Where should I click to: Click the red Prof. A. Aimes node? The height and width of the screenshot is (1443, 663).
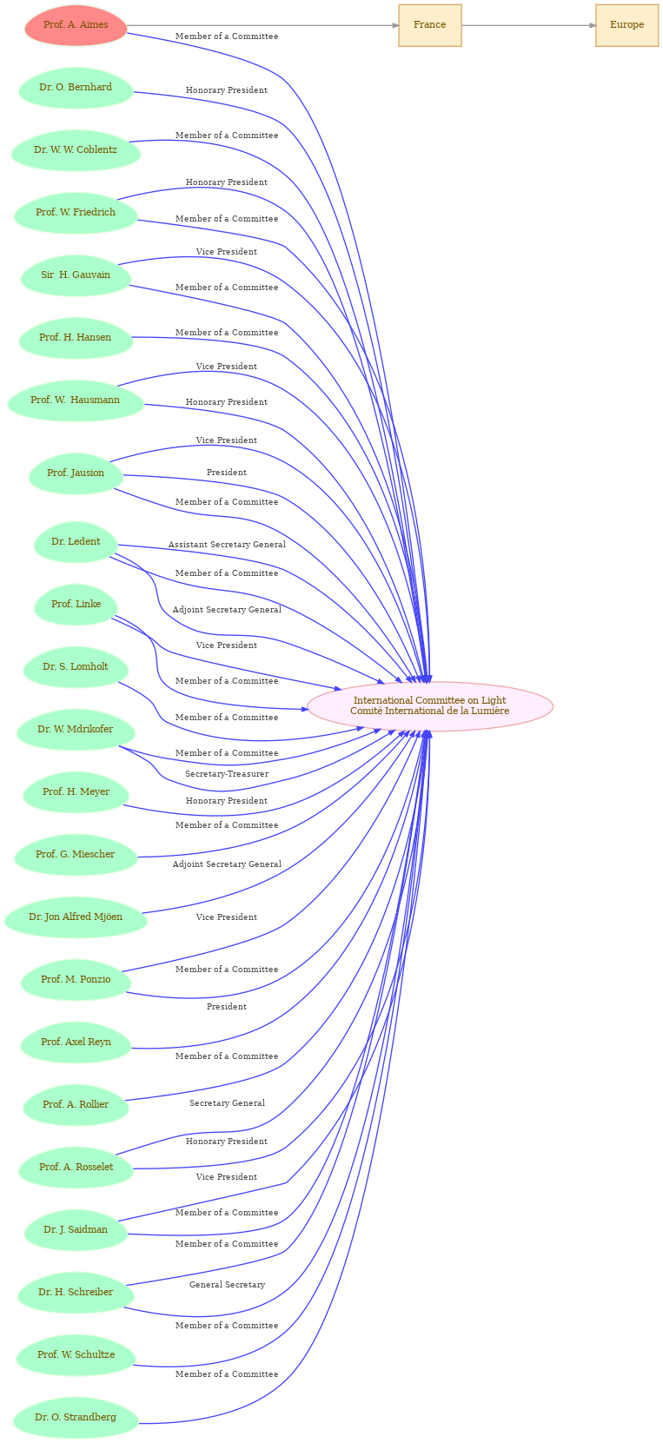76,25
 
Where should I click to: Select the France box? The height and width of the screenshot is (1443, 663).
430,25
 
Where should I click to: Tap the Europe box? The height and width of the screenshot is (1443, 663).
627,25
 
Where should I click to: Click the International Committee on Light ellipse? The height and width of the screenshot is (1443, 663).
430,706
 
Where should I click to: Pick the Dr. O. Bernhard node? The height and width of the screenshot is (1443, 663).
76,88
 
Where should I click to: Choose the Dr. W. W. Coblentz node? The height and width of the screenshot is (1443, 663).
76,150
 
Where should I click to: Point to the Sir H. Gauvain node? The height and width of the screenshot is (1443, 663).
76,275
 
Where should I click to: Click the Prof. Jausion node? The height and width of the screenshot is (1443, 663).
76,473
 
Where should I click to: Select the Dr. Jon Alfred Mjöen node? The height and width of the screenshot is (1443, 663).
76,917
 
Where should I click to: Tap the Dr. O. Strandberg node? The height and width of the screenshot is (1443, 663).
76,1417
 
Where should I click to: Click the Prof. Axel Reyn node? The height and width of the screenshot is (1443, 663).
76,1043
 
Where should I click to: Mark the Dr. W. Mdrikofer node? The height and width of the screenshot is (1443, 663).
76,730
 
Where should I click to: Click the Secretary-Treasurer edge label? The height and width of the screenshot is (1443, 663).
227,774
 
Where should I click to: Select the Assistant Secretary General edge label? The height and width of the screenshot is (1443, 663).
227,545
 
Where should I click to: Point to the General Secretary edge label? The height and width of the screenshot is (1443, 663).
227,1285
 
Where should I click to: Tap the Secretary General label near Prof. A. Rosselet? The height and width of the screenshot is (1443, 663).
227,1102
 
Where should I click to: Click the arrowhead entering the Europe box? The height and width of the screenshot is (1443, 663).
592,26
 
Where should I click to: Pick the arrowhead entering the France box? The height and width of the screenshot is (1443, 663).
395,26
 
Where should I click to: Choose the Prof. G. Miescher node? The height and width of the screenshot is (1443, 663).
76,855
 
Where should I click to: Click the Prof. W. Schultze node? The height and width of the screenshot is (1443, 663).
76,1354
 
